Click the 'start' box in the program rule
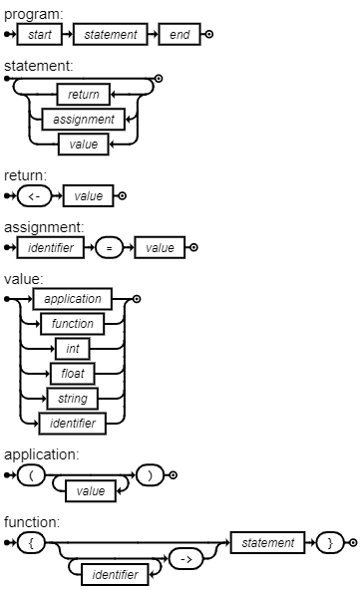(46, 36)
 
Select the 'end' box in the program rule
(179, 36)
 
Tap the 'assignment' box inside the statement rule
(83, 120)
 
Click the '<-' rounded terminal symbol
(34, 196)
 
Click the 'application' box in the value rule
(73, 299)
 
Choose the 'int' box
(73, 349)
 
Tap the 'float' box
(73, 374)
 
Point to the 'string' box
(73, 399)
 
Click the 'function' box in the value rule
(73, 324)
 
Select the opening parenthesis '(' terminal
(32, 475)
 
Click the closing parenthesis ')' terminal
(150, 475)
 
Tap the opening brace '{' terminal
(32, 543)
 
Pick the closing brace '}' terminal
(329, 543)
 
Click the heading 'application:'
(41, 454)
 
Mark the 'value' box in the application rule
(91, 491)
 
